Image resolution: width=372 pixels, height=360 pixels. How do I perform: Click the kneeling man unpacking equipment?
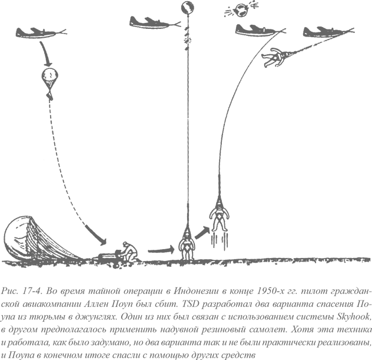click(x=129, y=252)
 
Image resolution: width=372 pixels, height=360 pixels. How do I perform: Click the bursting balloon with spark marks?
click(x=241, y=10)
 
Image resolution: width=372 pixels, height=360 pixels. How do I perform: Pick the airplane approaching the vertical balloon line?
click(x=154, y=23)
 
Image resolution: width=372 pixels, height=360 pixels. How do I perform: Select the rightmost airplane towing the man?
click(x=327, y=32)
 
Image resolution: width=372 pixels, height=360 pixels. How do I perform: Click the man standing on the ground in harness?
click(x=187, y=246)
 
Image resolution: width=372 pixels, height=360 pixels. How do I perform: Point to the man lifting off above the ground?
click(x=220, y=217)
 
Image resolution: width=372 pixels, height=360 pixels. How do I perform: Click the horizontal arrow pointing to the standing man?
click(x=161, y=250)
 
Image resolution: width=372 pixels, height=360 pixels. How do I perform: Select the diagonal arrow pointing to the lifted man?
click(x=202, y=233)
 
